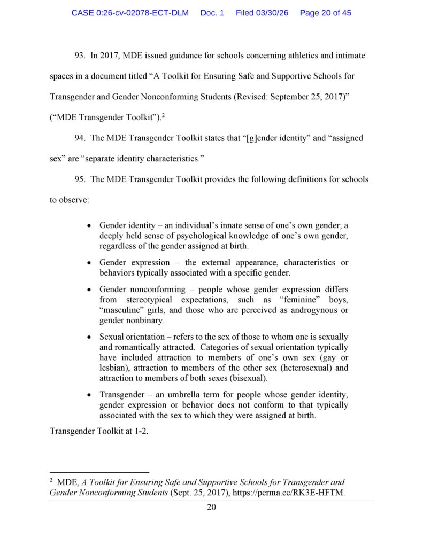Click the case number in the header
tap(130, 13)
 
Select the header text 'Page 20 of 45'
tap(325, 13)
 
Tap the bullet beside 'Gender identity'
tap(89, 226)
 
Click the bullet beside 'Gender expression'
tap(89, 263)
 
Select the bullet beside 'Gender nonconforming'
tap(89, 290)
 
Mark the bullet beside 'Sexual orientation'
tap(89, 337)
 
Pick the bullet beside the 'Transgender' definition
tap(89, 395)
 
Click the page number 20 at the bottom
tap(211, 507)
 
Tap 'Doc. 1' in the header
tap(212, 13)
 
